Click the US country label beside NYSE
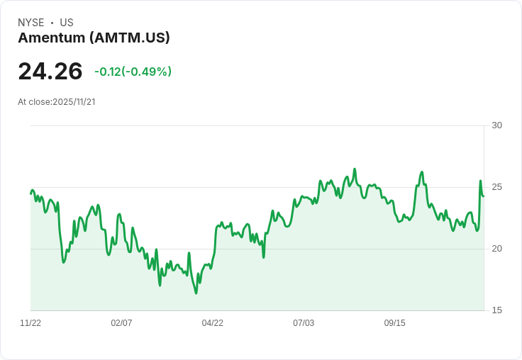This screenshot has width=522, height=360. point(67,23)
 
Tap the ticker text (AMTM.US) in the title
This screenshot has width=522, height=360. point(130,38)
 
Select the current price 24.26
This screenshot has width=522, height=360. point(50,72)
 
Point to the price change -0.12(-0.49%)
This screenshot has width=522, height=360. point(133,72)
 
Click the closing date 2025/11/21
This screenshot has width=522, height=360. point(74,102)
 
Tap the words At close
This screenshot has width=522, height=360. point(34,102)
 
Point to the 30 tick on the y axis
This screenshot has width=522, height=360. point(496,125)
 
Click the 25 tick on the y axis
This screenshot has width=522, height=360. point(496,187)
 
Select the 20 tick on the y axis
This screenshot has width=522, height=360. point(496,249)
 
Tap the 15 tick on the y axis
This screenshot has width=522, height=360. point(496,310)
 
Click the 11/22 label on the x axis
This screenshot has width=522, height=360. point(30,323)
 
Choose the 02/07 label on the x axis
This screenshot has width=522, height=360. point(121,323)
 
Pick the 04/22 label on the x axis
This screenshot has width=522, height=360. point(212,323)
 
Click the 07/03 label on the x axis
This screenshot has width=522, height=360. point(304,323)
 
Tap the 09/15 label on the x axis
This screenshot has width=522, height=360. point(394,323)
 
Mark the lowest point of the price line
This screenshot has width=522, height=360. point(196,293)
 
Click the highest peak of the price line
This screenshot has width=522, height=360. point(354,169)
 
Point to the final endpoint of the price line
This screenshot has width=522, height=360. point(483,196)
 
